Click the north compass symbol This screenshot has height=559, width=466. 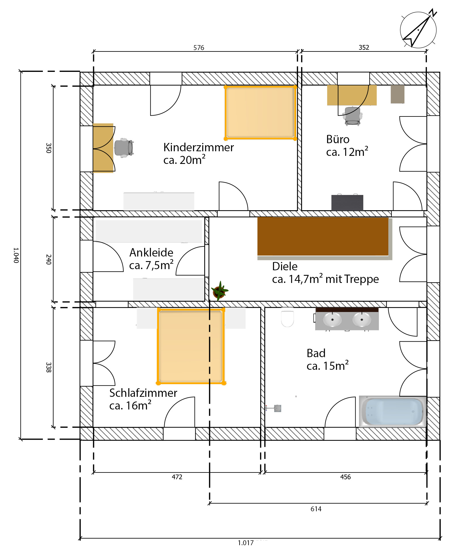click(x=419, y=29)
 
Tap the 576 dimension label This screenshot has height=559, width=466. click(x=199, y=47)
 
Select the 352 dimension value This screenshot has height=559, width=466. click(x=364, y=47)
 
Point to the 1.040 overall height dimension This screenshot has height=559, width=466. click(x=16, y=255)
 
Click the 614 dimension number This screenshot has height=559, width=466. click(x=316, y=509)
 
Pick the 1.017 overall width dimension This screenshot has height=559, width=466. click(x=246, y=543)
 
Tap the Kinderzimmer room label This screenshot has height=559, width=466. click(x=198, y=147)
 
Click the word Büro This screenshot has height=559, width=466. click(x=338, y=139)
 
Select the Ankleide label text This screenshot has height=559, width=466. click(x=151, y=252)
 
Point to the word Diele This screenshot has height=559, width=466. click(x=285, y=266)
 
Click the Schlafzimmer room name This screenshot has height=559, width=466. click(x=143, y=393)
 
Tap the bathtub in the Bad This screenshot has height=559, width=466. click(x=393, y=411)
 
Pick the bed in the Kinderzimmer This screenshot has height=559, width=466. click(x=260, y=112)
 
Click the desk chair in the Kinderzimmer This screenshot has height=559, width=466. click(x=124, y=148)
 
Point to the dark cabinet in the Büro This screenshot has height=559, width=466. click(x=347, y=202)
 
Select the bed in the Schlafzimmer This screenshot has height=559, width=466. click(x=191, y=346)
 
